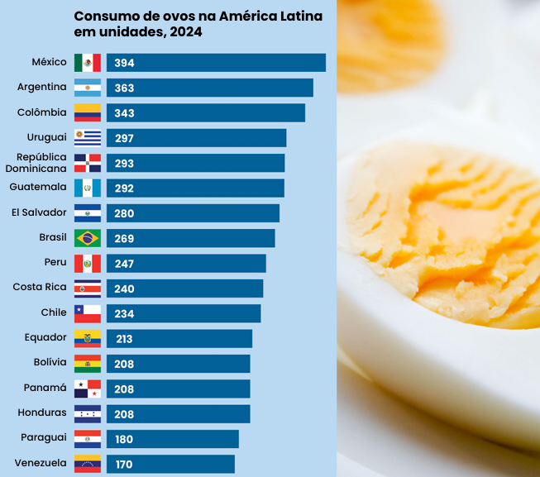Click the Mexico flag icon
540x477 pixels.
click(x=88, y=63)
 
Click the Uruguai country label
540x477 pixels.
click(x=47, y=137)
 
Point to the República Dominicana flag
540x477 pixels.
click(x=88, y=163)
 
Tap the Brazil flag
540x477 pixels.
click(x=88, y=238)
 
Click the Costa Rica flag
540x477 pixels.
click(x=88, y=289)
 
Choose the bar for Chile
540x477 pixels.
click(x=183, y=313)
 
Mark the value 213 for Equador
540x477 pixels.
click(x=125, y=339)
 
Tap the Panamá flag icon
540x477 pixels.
click(x=88, y=389)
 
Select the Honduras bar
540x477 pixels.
click(x=178, y=413)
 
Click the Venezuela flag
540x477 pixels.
click(x=88, y=464)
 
